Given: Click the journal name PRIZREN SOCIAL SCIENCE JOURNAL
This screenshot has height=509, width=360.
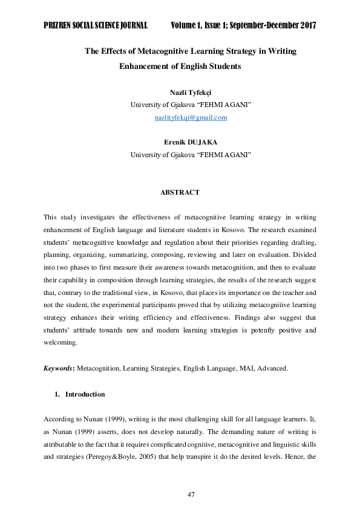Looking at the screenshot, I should point(96,25).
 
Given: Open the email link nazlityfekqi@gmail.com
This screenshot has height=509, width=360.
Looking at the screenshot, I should point(191,117).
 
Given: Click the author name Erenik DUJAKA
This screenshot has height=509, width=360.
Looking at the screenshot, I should point(191,143).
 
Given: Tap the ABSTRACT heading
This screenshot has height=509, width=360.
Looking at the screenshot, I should point(180,192).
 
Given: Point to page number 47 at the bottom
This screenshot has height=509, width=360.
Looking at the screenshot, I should point(191,495).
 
